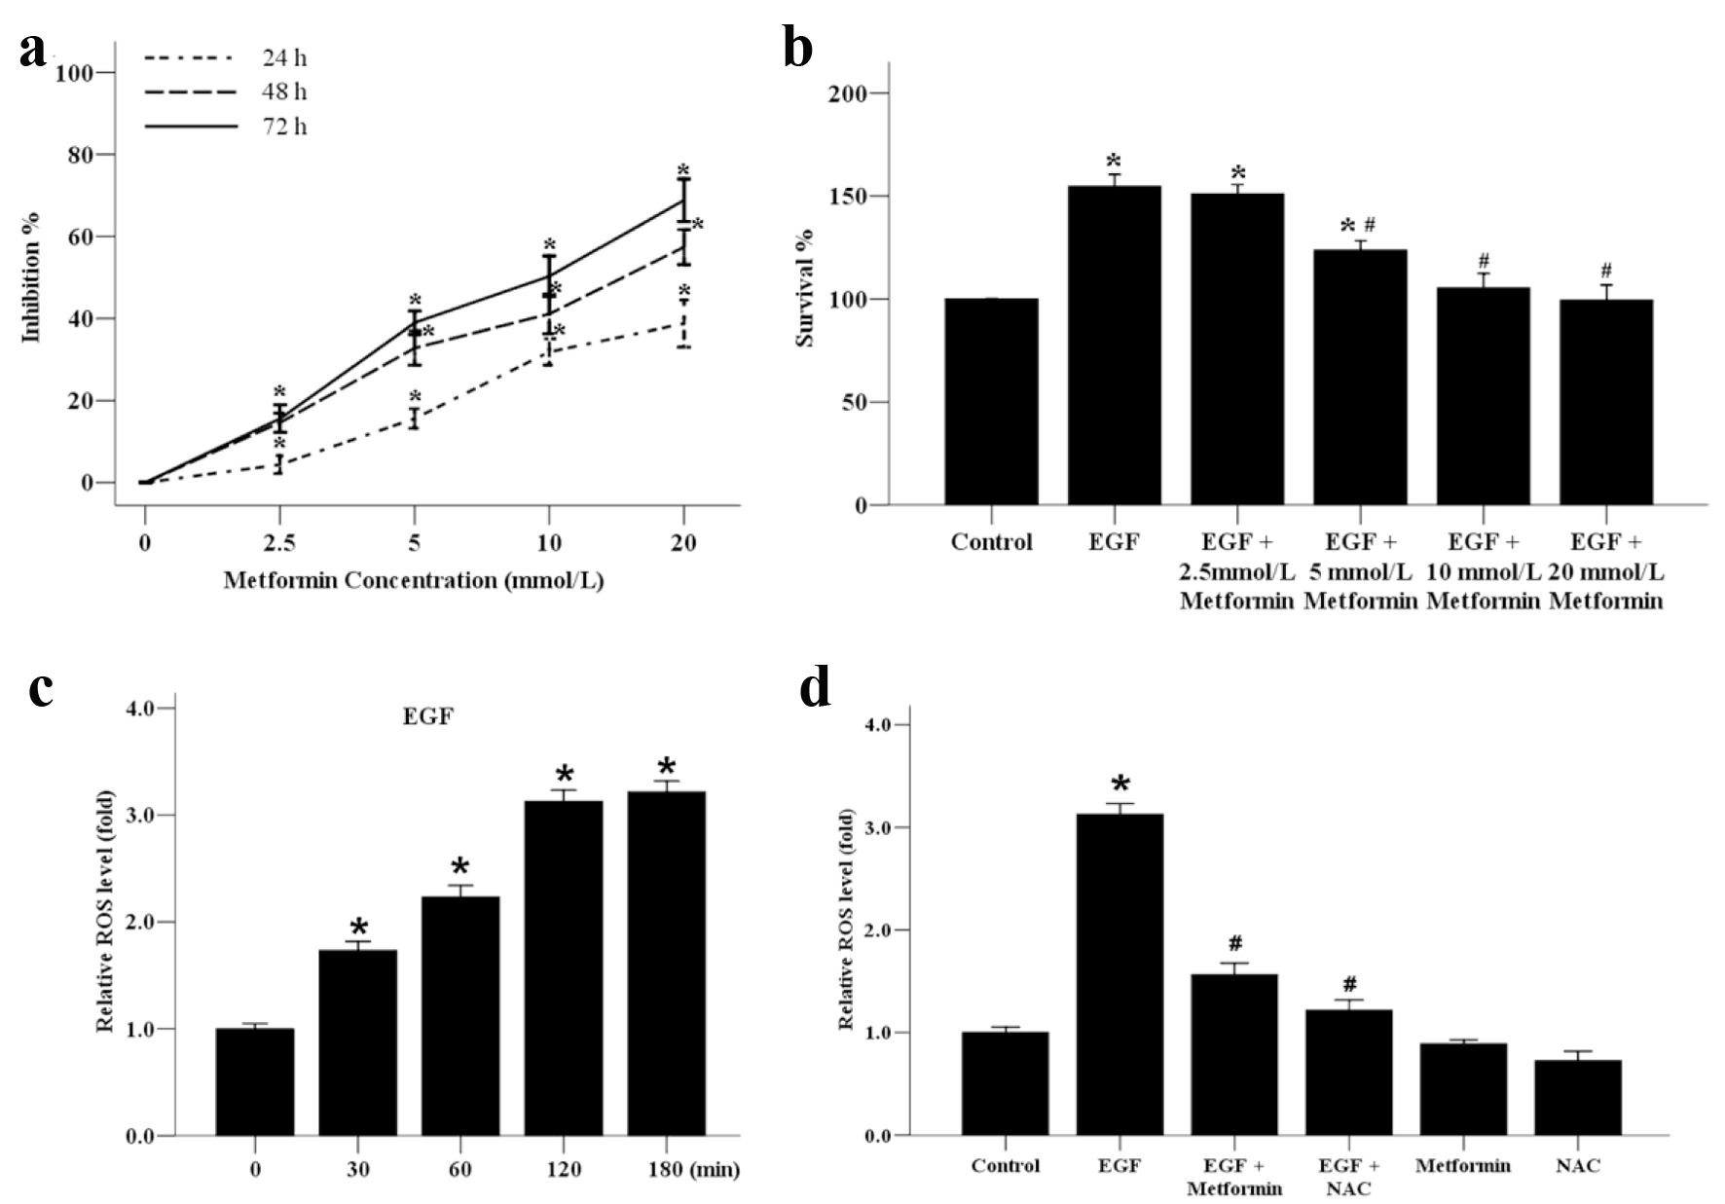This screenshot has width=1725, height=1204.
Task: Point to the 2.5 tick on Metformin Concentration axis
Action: tap(279, 542)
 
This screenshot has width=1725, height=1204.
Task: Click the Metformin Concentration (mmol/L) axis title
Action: tap(414, 581)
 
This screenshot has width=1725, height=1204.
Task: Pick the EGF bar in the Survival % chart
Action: tap(1114, 346)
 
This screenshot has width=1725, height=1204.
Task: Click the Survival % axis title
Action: tap(805, 288)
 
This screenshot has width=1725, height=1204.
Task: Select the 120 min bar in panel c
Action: tap(564, 968)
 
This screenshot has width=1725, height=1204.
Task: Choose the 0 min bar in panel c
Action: tap(255, 1081)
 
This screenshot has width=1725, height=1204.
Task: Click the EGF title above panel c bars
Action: tap(428, 717)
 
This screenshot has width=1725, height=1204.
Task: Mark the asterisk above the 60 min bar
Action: tap(460, 867)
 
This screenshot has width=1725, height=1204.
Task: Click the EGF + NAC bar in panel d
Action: tap(1348, 1073)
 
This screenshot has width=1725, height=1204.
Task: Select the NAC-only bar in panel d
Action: tap(1578, 1097)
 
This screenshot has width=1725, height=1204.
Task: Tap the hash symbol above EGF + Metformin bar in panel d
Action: tap(1236, 943)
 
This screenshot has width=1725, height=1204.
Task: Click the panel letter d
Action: tap(815, 689)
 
